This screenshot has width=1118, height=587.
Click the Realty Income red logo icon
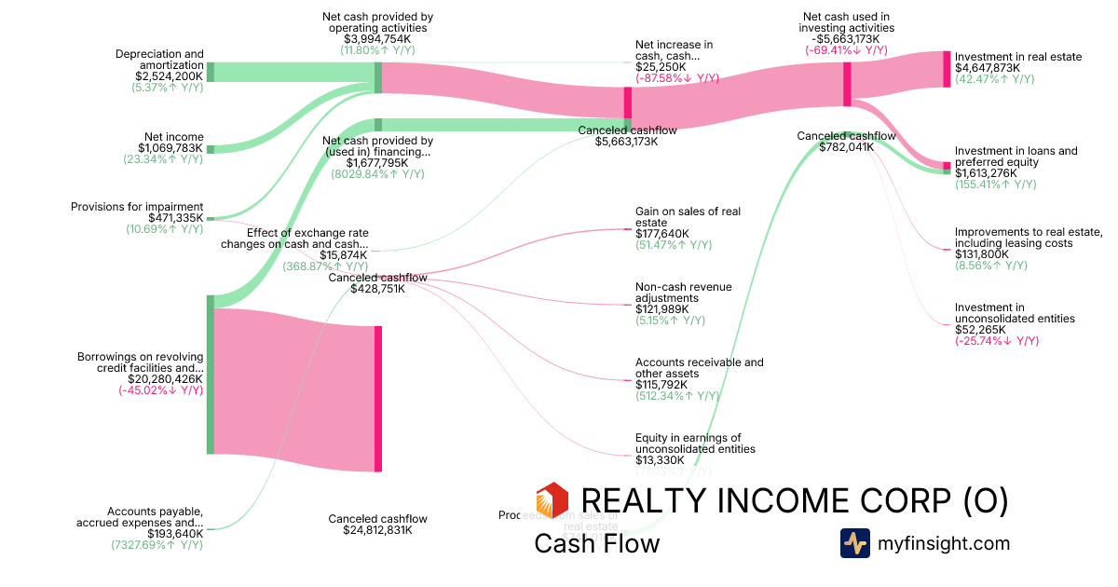[552, 500]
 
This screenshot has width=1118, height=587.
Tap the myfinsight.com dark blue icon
[854, 543]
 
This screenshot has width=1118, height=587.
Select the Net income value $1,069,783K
[170, 148]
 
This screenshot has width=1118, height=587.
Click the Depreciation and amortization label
[159, 60]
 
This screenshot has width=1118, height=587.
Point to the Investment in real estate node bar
[947, 69]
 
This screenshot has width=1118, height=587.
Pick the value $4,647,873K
[988, 68]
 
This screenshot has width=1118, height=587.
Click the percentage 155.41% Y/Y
[995, 184]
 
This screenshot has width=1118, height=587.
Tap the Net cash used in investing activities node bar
[847, 84]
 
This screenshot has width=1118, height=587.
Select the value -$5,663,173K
[847, 39]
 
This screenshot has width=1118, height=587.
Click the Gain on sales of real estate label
[688, 217]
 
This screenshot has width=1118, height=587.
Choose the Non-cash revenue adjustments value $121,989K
[661, 309]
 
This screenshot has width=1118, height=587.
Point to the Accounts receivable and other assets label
[699, 368]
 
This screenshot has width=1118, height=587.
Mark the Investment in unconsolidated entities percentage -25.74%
[996, 341]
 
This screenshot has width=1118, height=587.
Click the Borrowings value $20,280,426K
[166, 379]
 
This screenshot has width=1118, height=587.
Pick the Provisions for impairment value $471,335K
[175, 218]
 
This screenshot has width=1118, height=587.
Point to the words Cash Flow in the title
[596, 543]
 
